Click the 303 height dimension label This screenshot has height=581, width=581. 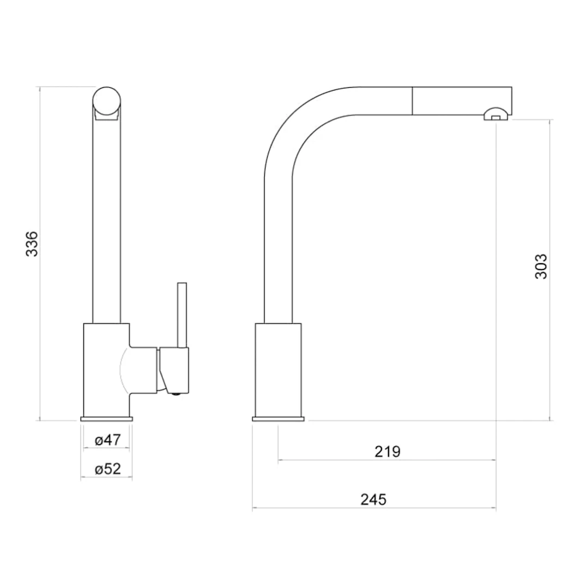(541, 266)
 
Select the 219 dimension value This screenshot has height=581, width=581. (388, 451)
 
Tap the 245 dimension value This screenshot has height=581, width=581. (373, 499)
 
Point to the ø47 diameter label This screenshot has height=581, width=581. (107, 440)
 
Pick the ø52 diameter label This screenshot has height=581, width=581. (107, 469)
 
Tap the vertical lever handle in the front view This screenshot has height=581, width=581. (182, 314)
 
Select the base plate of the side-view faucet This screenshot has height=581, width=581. (278, 419)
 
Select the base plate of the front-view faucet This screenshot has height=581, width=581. (106, 419)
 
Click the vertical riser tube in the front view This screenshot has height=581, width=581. (106, 218)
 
